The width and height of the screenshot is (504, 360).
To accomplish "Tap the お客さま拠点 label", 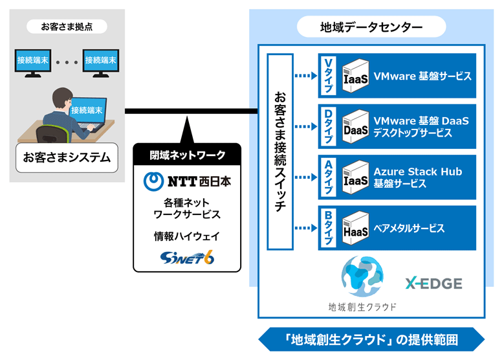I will pos(67,27).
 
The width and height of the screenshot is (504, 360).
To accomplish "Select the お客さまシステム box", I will pos(67,157).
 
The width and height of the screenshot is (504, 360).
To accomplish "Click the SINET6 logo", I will pos(188,257).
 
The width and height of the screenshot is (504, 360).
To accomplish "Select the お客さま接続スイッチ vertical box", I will pos(280,152).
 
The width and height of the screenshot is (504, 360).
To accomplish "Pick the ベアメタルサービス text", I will pos(409,228).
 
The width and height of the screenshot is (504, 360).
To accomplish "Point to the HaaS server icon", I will pos(356,227).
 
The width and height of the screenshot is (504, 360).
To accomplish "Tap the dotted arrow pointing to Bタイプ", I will pos(305,227).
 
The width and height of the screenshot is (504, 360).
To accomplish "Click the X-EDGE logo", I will pos(433,283).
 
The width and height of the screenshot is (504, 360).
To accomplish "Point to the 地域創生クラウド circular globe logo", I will pos(362,278).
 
